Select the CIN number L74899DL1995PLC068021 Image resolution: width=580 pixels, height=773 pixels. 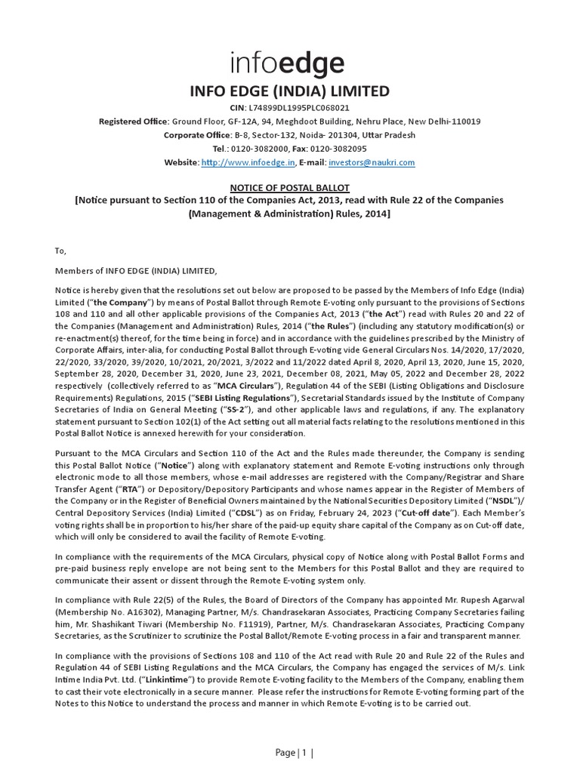pos(307,108)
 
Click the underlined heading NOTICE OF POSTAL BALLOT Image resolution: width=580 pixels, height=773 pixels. pos(289,187)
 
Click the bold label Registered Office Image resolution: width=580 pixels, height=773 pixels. pos(133,122)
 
